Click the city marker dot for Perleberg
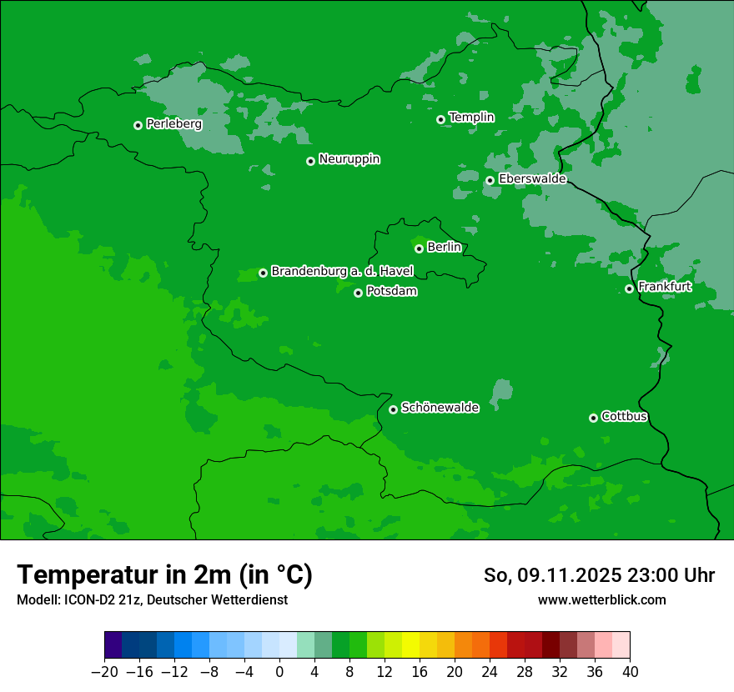pyautogui.click(x=138, y=125)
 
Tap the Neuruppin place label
pyautogui.click(x=349, y=159)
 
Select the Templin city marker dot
pyautogui.click(x=440, y=119)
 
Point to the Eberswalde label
pyautogui.click(x=532, y=178)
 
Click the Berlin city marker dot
pyautogui.click(x=419, y=248)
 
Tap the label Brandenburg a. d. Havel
pyautogui.click(x=342, y=271)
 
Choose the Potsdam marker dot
pyautogui.click(x=358, y=293)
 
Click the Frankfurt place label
pyautogui.click(x=665, y=287)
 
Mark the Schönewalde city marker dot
pyautogui.click(x=393, y=409)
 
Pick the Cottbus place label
pyautogui.click(x=625, y=416)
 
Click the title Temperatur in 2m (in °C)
pyautogui.click(x=165, y=575)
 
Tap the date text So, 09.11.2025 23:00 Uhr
pyautogui.click(x=599, y=576)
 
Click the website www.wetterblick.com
pyautogui.click(x=601, y=599)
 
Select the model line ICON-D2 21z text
pyautogui.click(x=152, y=599)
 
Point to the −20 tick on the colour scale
pyautogui.click(x=104, y=672)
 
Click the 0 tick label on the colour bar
pyautogui.click(x=279, y=672)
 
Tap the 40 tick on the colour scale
pyautogui.click(x=630, y=672)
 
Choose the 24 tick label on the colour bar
pyautogui.click(x=490, y=672)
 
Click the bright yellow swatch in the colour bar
pyautogui.click(x=410, y=645)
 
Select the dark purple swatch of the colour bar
pyautogui.click(x=113, y=645)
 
